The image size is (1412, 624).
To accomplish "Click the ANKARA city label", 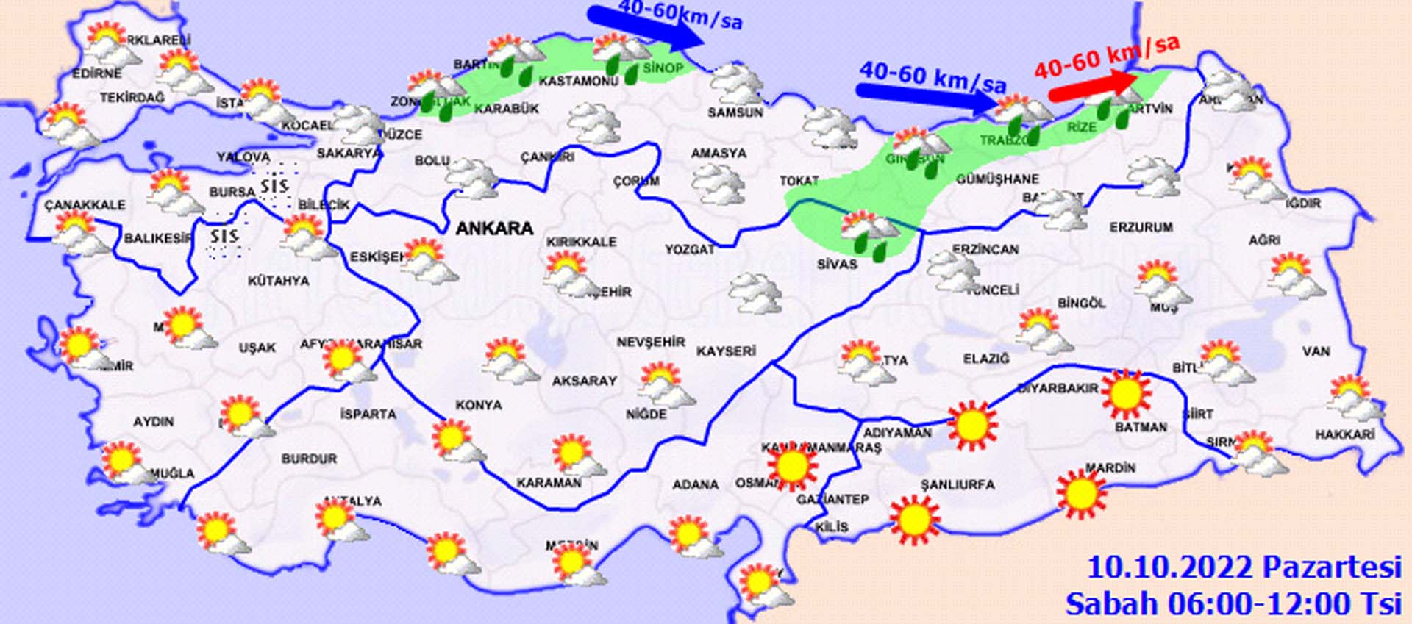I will tap(494, 229).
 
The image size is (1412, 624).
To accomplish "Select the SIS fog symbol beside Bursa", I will tap(274, 185).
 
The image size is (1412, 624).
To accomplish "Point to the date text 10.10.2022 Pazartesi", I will tap(1244, 568).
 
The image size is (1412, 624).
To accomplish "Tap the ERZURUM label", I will tap(1141, 227).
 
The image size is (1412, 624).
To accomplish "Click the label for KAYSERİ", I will tap(726, 351).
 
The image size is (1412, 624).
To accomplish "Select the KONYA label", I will tap(479, 405).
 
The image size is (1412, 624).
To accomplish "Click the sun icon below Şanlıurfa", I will tap(914, 519).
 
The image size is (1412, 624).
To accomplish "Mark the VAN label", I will tap(1316, 351).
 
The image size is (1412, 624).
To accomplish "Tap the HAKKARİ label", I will tap(1344, 434).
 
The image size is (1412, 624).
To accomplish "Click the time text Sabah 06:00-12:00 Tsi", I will tap(1233, 604).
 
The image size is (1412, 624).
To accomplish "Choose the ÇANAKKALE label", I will tap(85, 204).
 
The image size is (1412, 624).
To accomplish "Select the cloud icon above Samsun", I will tap(735, 83).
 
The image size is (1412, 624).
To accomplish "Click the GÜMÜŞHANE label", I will tap(997, 179).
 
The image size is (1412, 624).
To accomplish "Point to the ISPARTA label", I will tap(368, 414).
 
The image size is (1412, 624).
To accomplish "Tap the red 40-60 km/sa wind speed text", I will tap(1107, 57).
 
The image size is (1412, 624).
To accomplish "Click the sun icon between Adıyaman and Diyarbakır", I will tap(973, 425).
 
